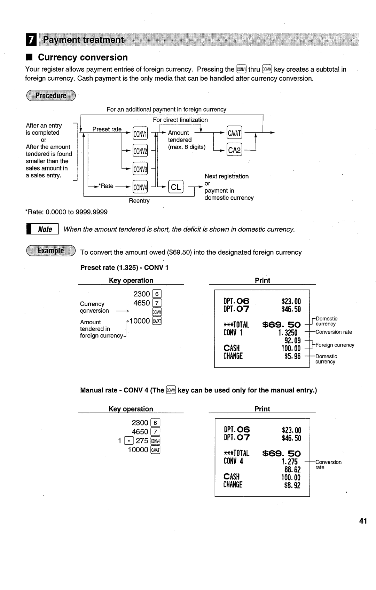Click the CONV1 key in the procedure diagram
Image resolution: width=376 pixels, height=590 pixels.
140,134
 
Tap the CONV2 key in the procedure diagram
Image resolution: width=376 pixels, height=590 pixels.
140,151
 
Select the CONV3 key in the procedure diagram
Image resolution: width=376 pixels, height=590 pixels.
140,169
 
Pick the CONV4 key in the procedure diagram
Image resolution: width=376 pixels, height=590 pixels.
140,188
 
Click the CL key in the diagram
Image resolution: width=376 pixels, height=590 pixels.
175,187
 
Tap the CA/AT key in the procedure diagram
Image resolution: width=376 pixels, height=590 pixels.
234,133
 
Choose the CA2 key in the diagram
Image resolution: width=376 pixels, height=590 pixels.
234,150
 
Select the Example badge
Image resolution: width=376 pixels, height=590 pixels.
51,251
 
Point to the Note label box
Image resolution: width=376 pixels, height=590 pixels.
45,229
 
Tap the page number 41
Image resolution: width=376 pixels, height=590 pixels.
363,521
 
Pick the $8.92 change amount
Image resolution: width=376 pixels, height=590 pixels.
292,485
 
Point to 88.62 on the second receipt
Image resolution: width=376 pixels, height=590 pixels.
292,470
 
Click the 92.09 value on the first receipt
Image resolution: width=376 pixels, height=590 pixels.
292,341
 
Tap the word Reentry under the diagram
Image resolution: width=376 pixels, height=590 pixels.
139,201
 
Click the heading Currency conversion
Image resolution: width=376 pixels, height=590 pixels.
83,57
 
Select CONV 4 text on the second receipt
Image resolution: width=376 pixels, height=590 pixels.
233,461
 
